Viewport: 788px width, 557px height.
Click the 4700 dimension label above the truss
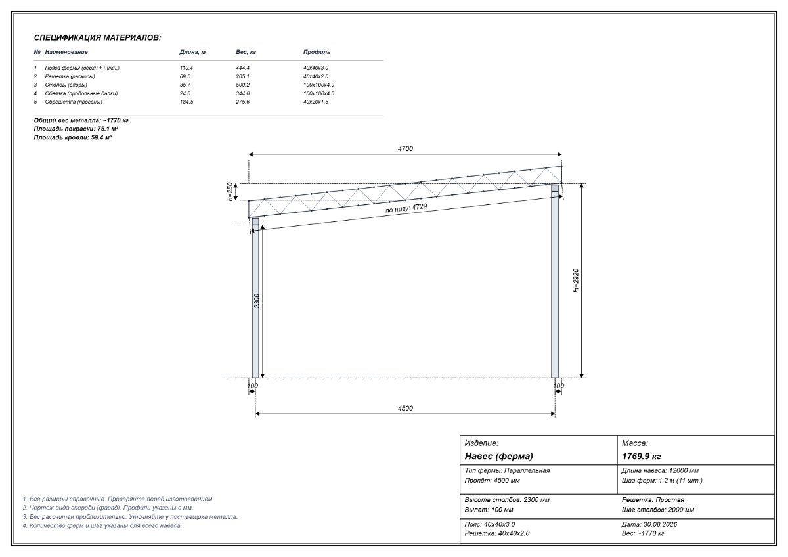[x=405, y=149]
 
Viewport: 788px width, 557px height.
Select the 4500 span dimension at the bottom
[x=405, y=408]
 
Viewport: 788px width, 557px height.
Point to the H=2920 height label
[x=576, y=280]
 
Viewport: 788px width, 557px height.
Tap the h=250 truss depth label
[x=230, y=191]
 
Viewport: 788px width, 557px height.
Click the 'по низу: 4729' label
[x=406, y=208]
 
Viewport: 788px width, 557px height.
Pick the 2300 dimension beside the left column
[x=257, y=301]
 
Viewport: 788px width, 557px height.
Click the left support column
[x=255, y=298]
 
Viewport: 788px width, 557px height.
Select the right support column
[x=555, y=281]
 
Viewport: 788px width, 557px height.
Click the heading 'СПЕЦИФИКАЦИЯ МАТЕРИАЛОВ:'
[x=97, y=38]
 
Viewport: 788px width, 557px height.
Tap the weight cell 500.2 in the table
[x=243, y=85]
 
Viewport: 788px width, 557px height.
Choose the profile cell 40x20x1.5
[x=316, y=102]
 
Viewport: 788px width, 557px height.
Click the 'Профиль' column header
[x=317, y=52]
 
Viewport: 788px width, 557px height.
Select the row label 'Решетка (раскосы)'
[x=70, y=76]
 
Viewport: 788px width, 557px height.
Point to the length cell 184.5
[x=186, y=102]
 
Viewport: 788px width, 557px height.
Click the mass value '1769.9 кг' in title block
[x=642, y=457]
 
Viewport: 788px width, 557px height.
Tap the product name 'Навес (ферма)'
[x=499, y=457]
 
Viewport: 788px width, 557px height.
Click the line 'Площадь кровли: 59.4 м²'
[x=73, y=137]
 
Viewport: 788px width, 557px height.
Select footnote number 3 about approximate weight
[x=130, y=517]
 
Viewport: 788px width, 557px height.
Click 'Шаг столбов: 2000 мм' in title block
[x=658, y=510]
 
